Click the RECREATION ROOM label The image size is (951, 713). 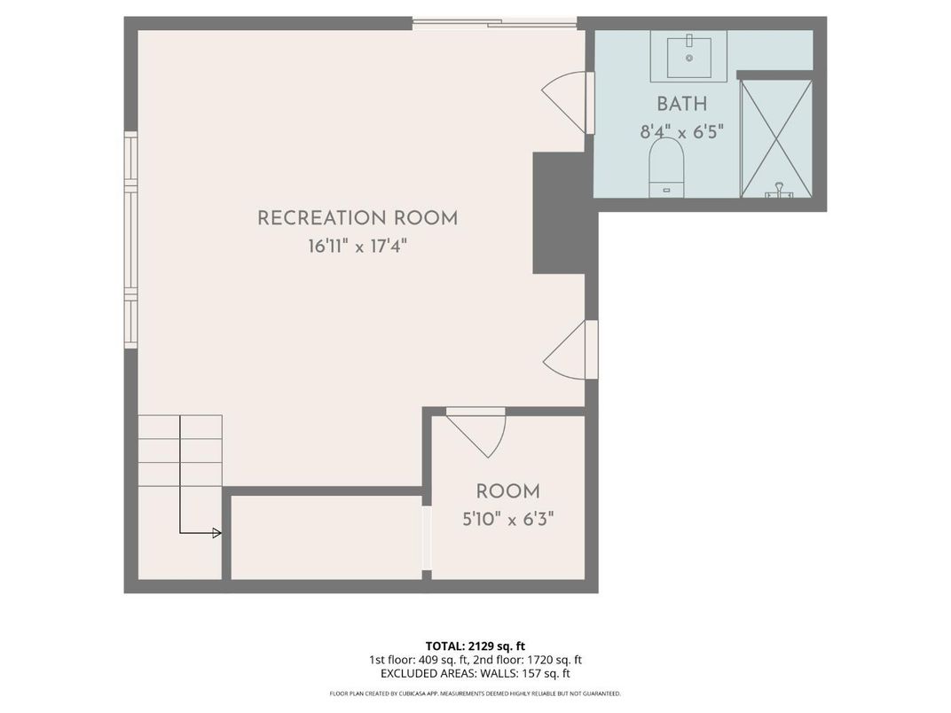pos(358,218)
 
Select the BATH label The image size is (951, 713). pos(681,104)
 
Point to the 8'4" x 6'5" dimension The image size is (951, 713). pos(681,132)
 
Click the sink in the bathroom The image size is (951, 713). pos(688,55)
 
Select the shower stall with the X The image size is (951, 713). pos(775,138)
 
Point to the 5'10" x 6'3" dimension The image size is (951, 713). pos(507,519)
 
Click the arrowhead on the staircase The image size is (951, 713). pos(216,533)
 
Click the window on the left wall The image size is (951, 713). pos(130,239)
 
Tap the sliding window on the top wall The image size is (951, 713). pos(494,22)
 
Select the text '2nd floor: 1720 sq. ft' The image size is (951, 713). pos(527,660)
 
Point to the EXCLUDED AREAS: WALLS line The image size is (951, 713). pos(475,674)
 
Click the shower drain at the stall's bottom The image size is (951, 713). pos(779,189)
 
